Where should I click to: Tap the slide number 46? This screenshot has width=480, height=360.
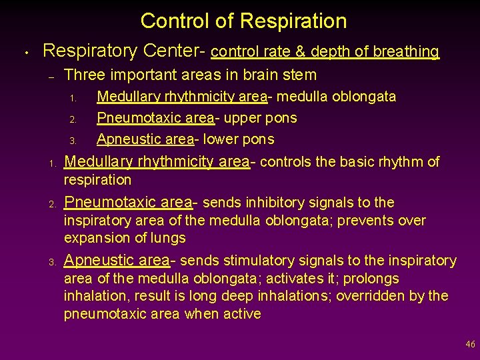471,345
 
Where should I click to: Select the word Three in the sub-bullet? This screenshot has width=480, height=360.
85,75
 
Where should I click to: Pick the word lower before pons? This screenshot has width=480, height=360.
221,139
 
